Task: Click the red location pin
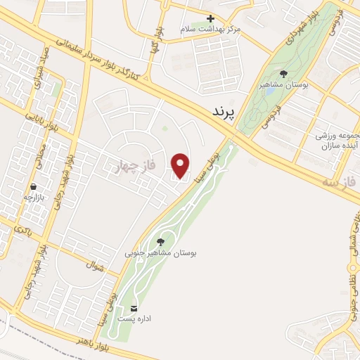pyautogui.click(x=181, y=166)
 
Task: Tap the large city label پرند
pyautogui.click(x=226, y=111)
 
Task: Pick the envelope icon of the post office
pyautogui.click(x=134, y=309)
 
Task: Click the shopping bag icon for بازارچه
pyautogui.click(x=33, y=186)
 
